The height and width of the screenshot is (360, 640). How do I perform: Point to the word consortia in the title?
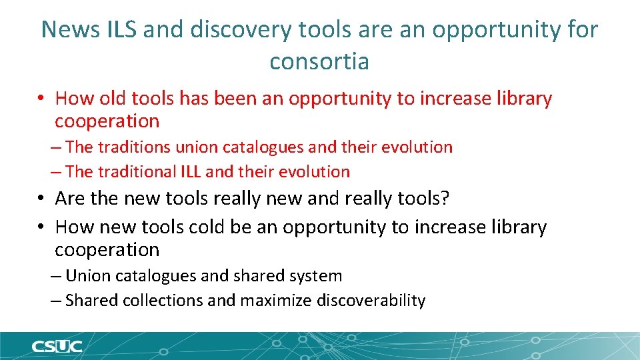pos(319,61)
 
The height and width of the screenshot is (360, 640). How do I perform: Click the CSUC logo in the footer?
pos(57,346)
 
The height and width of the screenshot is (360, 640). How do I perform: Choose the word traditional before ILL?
pos(136,172)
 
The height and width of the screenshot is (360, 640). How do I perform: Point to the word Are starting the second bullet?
pos(71,199)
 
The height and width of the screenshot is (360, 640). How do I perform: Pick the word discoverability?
pos(371,301)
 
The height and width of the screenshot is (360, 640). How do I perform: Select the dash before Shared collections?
pos(57,301)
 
